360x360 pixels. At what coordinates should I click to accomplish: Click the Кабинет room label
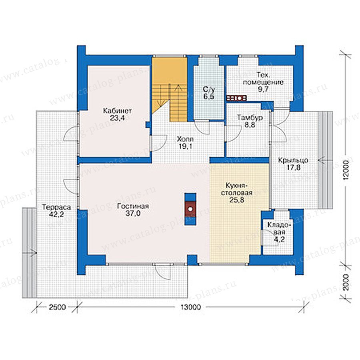pyautogui.click(x=117, y=111)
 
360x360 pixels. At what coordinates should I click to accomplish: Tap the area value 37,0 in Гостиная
pyautogui.click(x=133, y=214)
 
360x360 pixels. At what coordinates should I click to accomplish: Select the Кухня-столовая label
pyautogui.click(x=236, y=189)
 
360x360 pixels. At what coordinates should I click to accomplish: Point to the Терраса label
pyautogui.click(x=56, y=207)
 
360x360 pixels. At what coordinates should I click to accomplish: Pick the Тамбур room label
pyautogui.click(x=250, y=118)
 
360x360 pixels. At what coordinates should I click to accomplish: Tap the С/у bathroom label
pyautogui.click(x=209, y=89)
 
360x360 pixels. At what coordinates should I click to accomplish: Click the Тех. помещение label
pyautogui.click(x=263, y=78)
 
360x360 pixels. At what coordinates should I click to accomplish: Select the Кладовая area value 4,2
pyautogui.click(x=280, y=240)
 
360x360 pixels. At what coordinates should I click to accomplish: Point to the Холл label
pyautogui.click(x=185, y=139)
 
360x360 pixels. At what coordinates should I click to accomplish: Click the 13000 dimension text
pyautogui.click(x=191, y=307)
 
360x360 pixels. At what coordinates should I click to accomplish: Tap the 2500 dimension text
pyautogui.click(x=57, y=307)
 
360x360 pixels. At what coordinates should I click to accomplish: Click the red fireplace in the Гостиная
pyautogui.click(x=190, y=209)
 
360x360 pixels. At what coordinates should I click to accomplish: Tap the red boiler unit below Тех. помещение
pyautogui.click(x=236, y=98)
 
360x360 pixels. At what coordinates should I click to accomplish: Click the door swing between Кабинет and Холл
pyautogui.click(x=159, y=143)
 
